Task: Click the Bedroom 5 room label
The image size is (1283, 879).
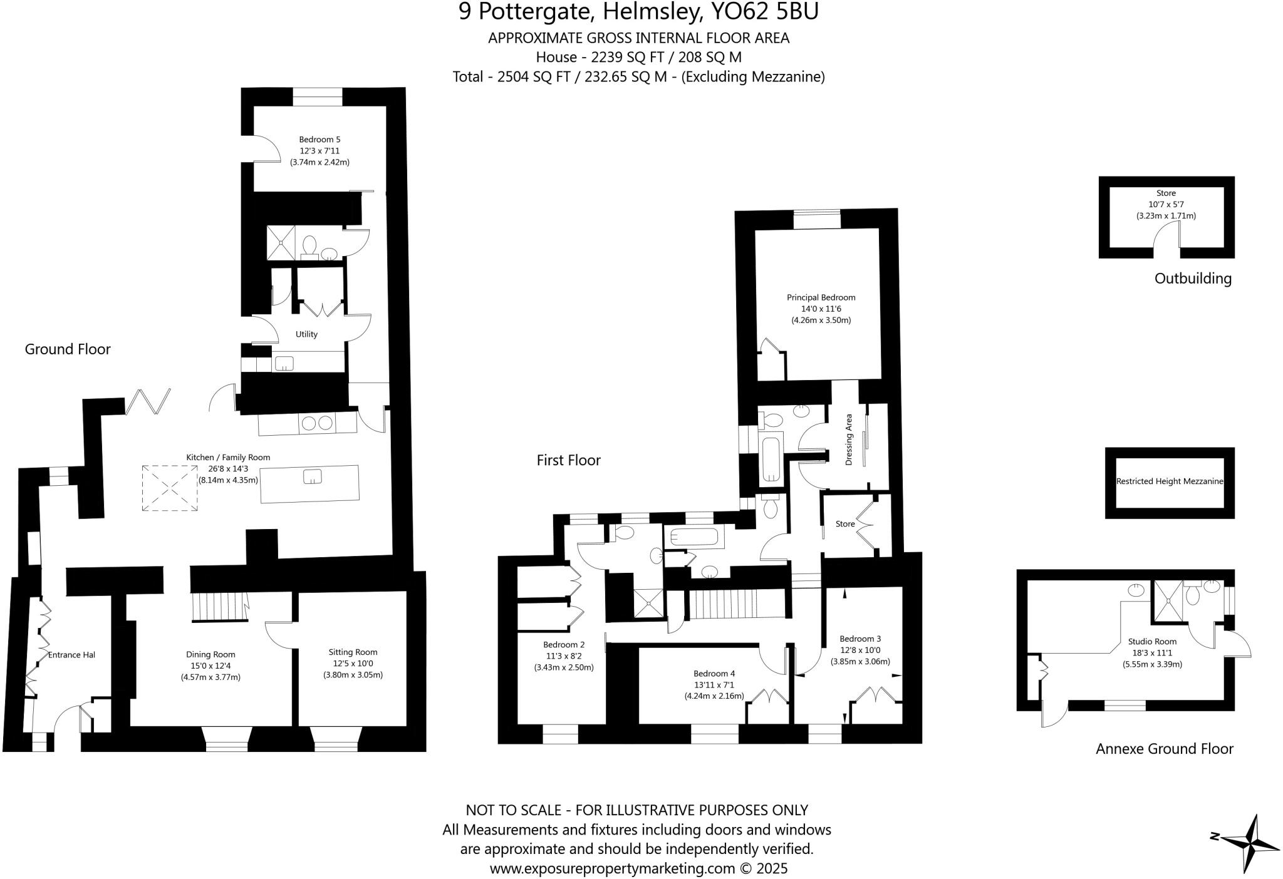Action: point(319,140)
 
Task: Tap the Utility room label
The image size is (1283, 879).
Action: point(306,334)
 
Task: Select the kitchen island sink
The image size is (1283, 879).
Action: point(312,477)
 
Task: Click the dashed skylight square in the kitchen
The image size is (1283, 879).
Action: point(170,488)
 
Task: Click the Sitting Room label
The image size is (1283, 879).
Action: point(353,652)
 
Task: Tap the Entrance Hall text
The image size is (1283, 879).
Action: point(71,655)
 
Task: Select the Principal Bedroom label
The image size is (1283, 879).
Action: point(821,298)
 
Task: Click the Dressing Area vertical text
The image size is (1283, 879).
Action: point(849,439)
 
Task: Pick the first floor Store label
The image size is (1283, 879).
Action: point(845,524)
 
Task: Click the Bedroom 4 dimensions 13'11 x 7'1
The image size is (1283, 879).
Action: point(714,685)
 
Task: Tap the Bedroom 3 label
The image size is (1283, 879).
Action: point(860,639)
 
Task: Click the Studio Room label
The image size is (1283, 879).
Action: point(1152,642)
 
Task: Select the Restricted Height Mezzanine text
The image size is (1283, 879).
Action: point(1170,482)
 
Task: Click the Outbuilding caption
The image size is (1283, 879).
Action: point(1193,279)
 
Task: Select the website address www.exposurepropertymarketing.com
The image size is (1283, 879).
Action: point(612,869)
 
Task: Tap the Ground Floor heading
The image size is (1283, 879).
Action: point(68,349)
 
